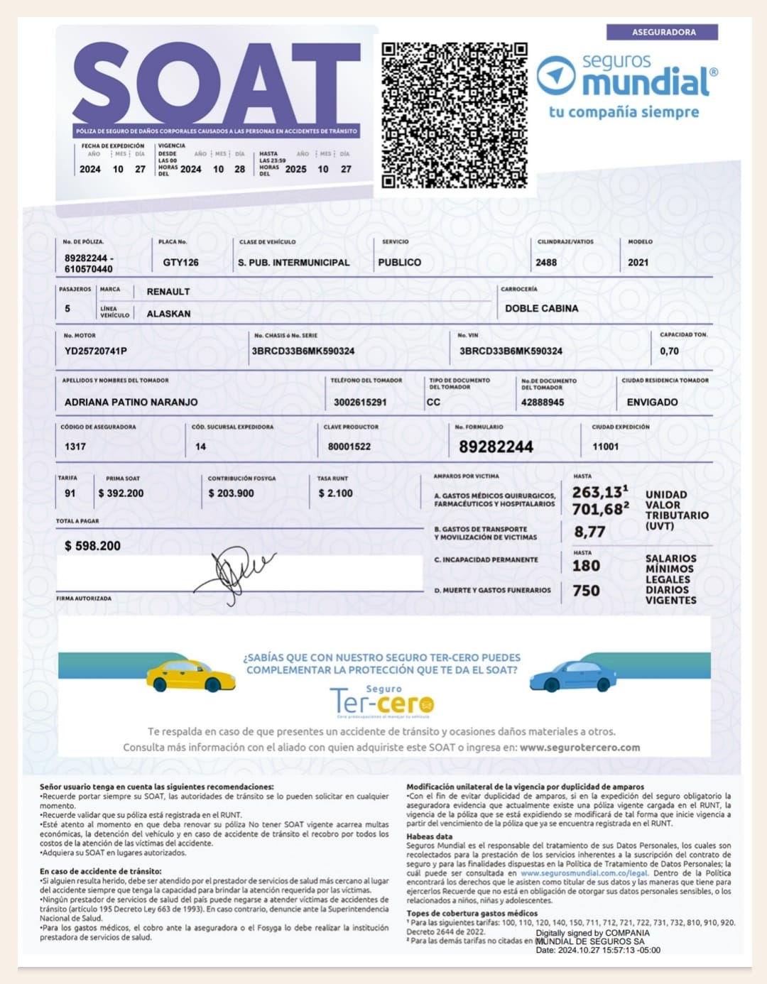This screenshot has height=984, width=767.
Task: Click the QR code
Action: pos(455,116)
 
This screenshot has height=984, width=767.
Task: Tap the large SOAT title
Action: pos(217,84)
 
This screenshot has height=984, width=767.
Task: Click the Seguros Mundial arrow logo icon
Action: pos(555,75)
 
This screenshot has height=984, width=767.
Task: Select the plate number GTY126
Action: pos(180,262)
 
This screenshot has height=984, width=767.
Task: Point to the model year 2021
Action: pos(638,262)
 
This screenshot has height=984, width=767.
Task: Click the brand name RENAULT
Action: pos(168,291)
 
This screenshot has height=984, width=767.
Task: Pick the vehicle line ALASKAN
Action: pos(168,313)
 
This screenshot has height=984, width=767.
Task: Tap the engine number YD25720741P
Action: pos(96,351)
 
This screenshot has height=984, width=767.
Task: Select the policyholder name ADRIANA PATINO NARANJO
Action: pos(131,402)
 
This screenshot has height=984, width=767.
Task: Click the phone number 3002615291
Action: pos(360,402)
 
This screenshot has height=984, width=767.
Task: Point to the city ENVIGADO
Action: pos(652,402)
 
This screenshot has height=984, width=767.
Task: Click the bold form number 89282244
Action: pos(496,447)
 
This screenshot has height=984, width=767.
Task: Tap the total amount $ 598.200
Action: pos(92,545)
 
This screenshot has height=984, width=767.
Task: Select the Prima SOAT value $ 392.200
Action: pos(121,493)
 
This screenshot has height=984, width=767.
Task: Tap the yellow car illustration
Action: pos(190,676)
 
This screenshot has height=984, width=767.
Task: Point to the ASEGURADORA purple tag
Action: pos(663,32)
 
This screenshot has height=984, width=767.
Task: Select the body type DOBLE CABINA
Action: pos(541,308)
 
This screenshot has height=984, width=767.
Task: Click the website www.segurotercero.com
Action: pos(580,747)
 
